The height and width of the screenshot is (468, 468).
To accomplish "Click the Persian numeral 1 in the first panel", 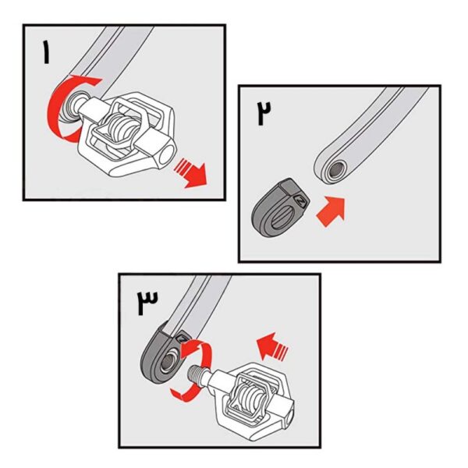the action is pyautogui.click(x=46, y=52).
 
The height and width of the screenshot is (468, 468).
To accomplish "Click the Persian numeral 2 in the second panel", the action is pyautogui.click(x=264, y=113).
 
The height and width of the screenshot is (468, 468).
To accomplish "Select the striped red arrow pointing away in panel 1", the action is pyautogui.click(x=191, y=173).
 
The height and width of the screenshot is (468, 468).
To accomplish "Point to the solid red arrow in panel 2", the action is pyautogui.click(x=331, y=211).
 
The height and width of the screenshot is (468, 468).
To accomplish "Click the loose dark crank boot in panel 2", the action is pyautogui.click(x=280, y=207).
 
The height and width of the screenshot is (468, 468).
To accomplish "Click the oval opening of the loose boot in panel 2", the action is pyautogui.click(x=279, y=219).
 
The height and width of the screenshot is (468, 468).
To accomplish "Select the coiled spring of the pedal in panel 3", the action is pyautogui.click(x=250, y=395).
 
